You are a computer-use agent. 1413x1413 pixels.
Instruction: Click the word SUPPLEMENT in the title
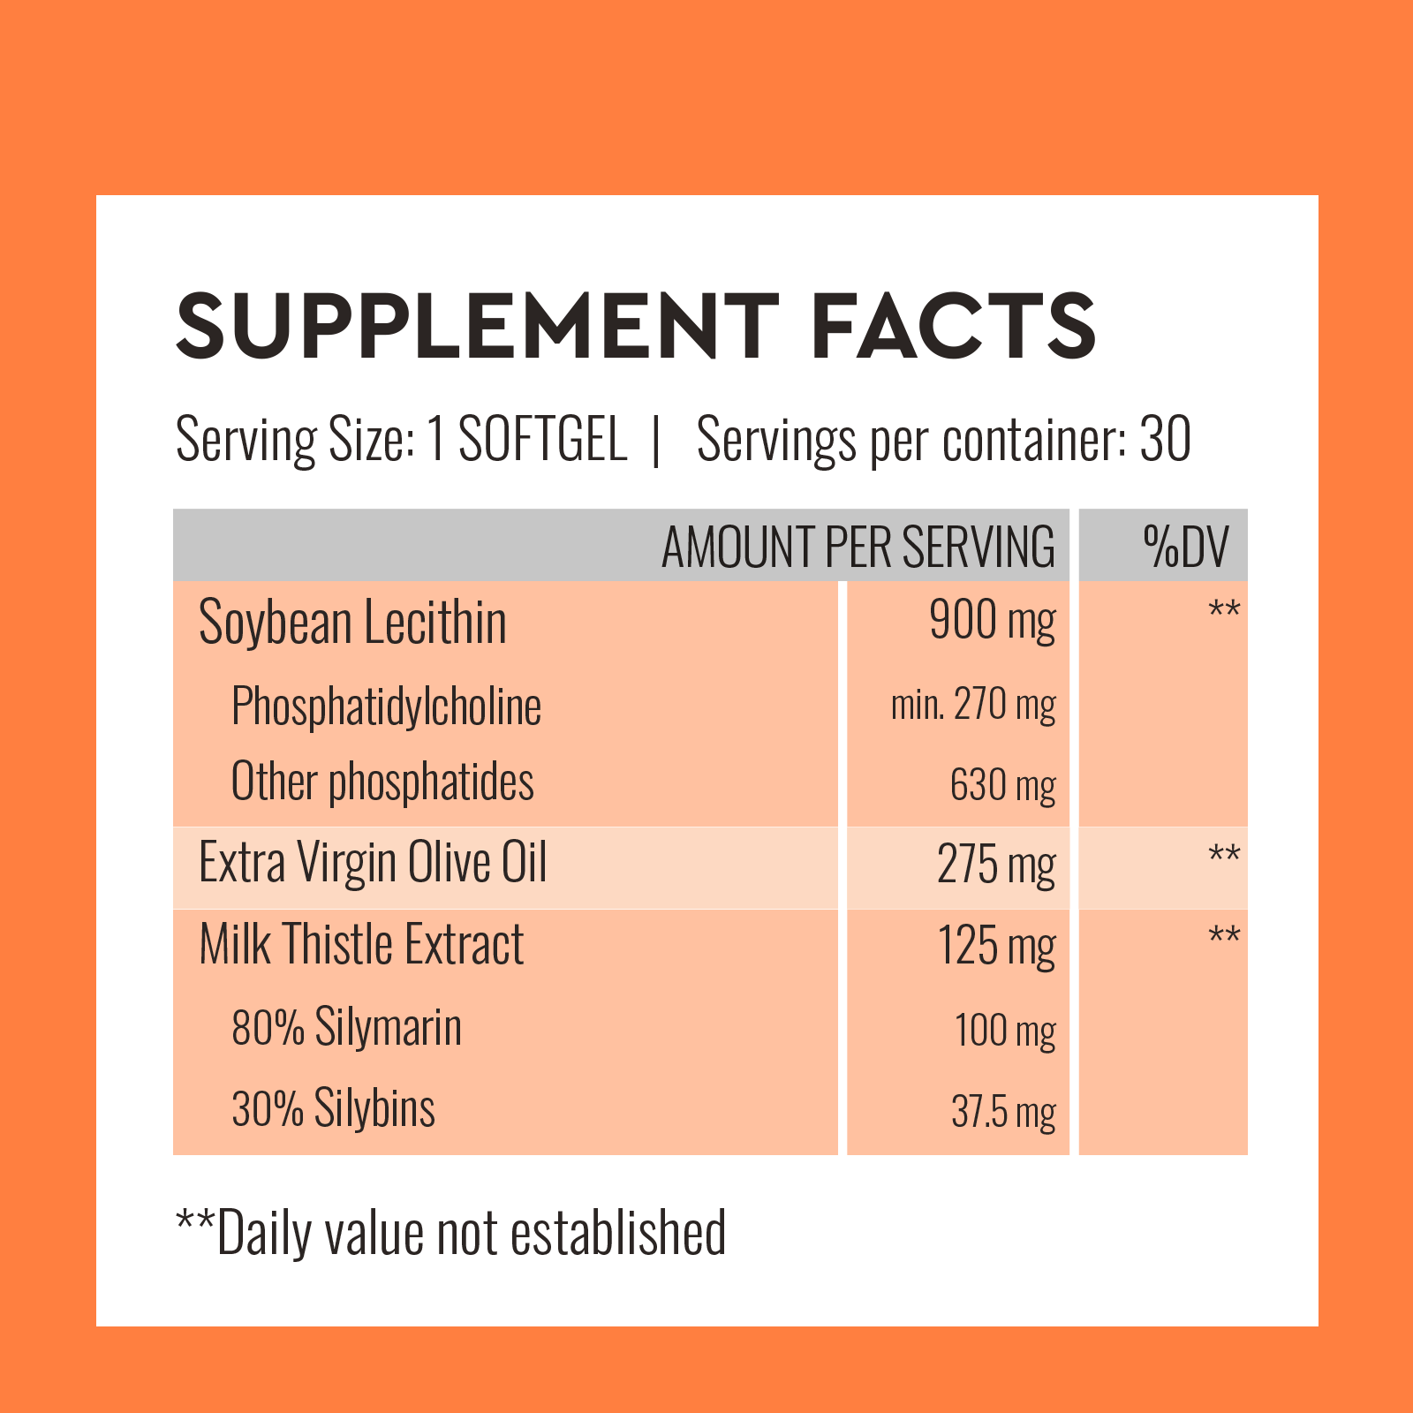[x=477, y=326]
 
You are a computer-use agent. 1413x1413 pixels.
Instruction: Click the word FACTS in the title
[x=954, y=326]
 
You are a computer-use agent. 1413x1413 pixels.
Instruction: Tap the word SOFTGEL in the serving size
[x=542, y=439]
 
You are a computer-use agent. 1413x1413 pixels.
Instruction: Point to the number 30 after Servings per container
[x=1165, y=439]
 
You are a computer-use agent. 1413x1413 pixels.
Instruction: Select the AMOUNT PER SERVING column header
[x=858, y=547]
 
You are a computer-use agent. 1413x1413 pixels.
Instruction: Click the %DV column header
[x=1185, y=547]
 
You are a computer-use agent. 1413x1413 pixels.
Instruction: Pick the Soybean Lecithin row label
[x=352, y=623]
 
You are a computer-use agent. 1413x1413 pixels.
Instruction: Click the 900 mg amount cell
[x=992, y=621]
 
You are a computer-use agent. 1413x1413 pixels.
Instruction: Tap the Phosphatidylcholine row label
[x=386, y=706]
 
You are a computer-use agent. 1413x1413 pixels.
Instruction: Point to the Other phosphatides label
[x=382, y=782]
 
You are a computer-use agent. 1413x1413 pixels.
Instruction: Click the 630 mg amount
[x=1002, y=785]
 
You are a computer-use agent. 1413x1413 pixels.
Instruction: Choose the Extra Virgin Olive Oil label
[x=373, y=863]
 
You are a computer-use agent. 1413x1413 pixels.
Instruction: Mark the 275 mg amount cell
[x=995, y=865]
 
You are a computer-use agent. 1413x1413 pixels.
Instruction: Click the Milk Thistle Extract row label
[x=361, y=945]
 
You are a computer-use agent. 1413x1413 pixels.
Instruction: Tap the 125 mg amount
[x=995, y=947]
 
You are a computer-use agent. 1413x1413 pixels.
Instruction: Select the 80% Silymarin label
[x=346, y=1028]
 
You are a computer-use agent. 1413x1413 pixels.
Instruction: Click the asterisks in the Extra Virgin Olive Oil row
[x=1224, y=855]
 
